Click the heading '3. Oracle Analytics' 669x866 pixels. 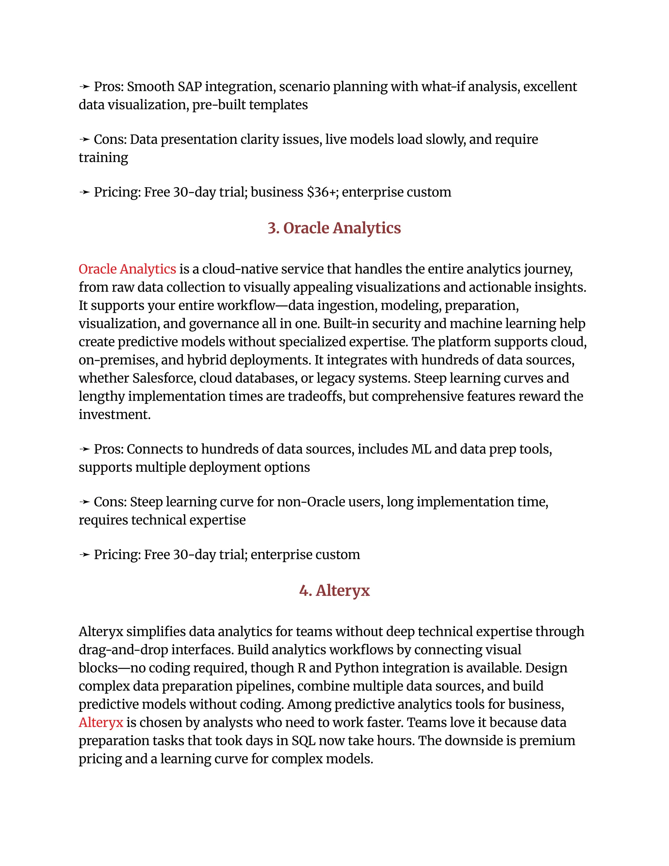(334, 228)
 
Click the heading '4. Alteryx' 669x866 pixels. (334, 591)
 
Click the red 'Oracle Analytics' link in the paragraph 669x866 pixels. (127, 269)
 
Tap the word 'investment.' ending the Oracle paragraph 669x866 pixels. (115, 414)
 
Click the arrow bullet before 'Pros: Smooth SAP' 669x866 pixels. (84, 87)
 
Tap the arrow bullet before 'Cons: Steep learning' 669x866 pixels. (84, 502)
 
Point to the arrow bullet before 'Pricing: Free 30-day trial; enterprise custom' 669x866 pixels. (84, 555)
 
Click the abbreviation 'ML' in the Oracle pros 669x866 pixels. (421, 449)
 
